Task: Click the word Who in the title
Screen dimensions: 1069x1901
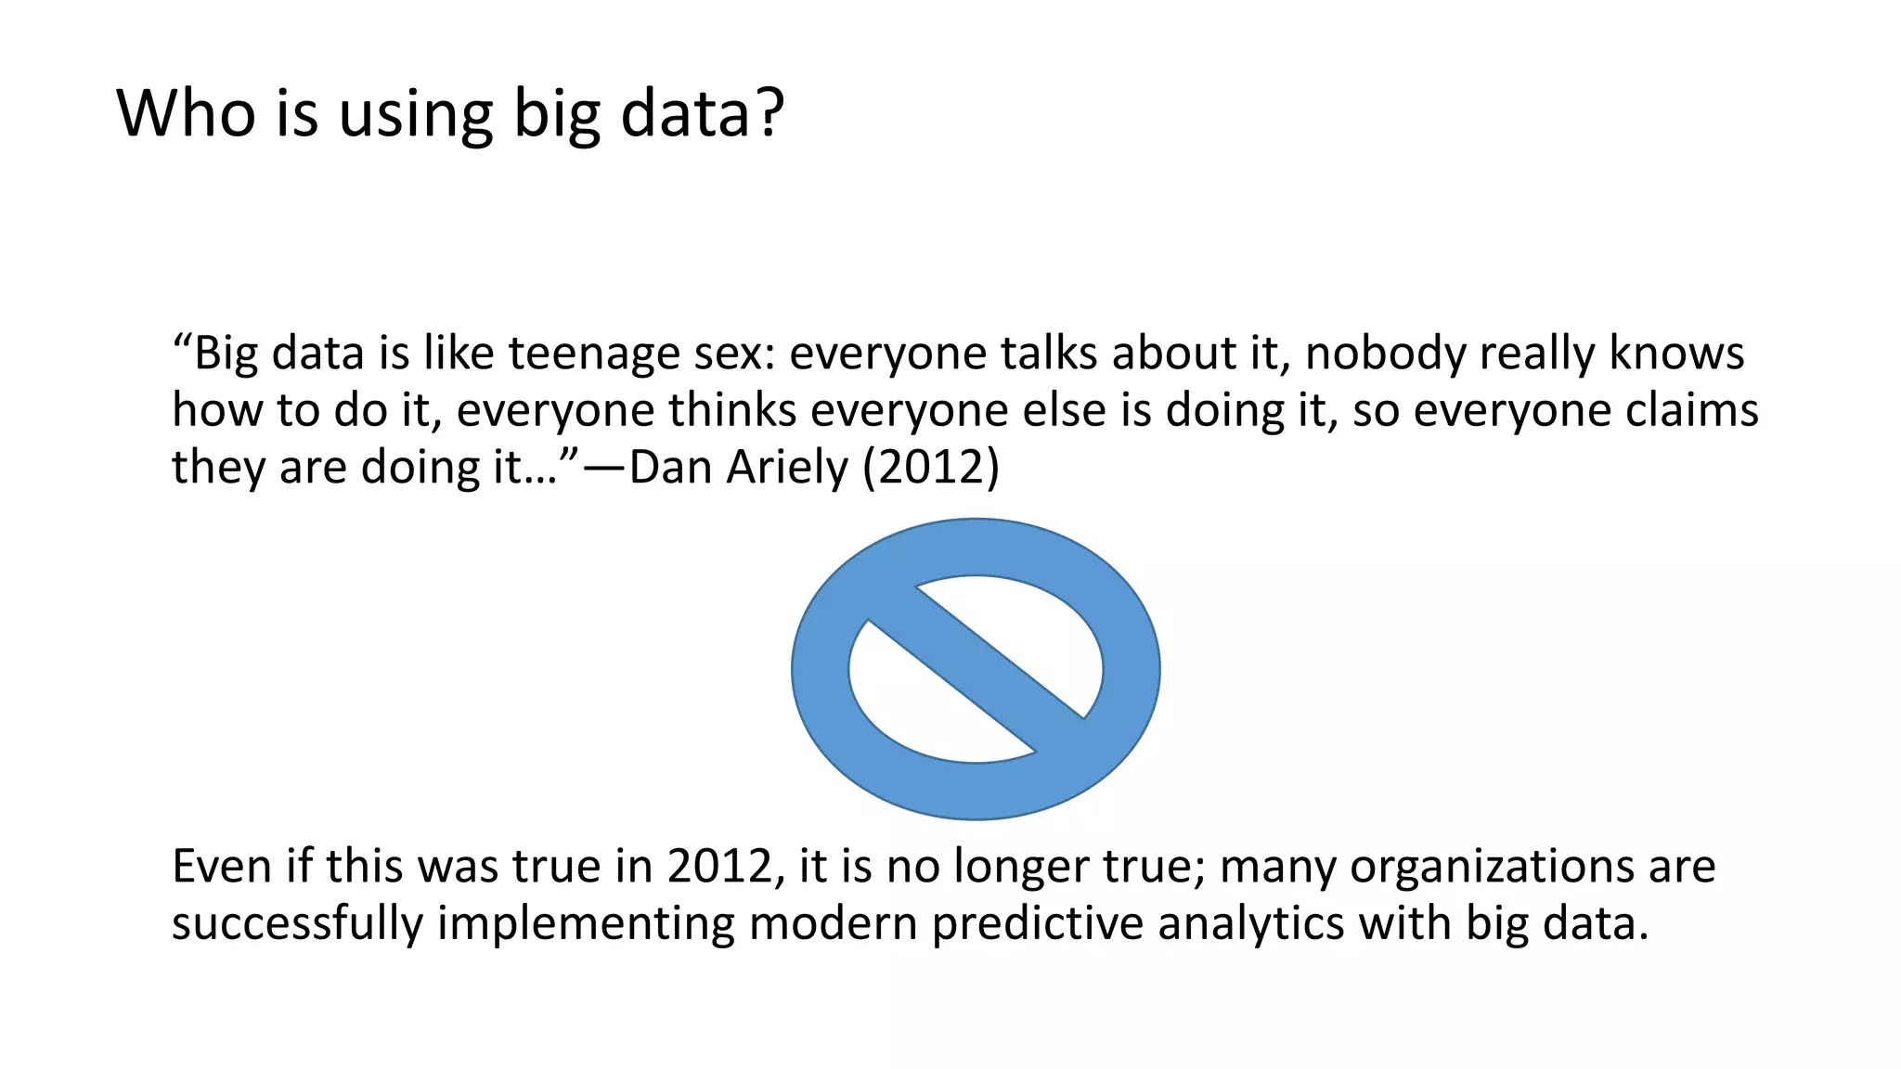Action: tap(186, 113)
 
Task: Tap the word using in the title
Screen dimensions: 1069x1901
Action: tap(415, 115)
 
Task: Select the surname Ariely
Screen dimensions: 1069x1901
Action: tap(787, 468)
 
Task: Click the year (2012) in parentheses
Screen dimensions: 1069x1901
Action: tap(931, 467)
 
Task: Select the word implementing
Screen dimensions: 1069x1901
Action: tap(586, 924)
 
